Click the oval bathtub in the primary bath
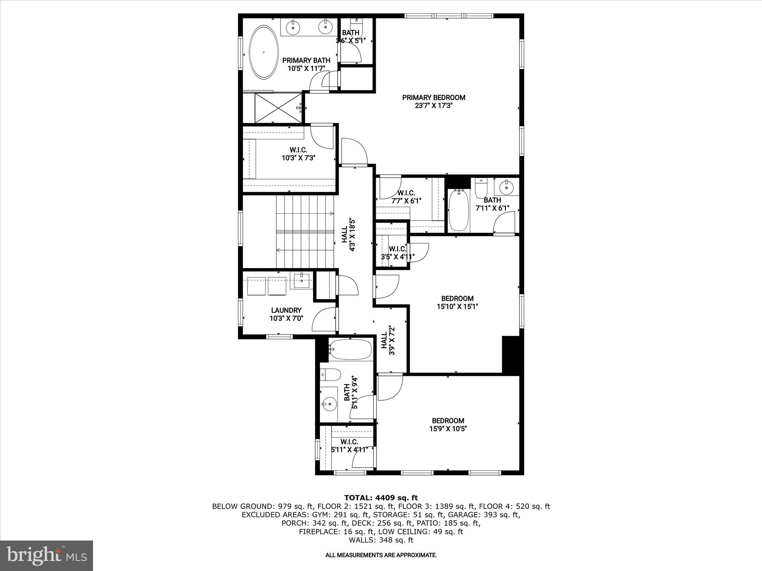click(x=263, y=52)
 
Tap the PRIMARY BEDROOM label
click(x=433, y=98)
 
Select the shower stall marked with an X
click(x=278, y=108)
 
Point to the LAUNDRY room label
click(x=286, y=310)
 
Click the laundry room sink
click(x=301, y=281)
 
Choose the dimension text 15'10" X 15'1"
click(x=457, y=307)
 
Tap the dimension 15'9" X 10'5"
click(x=448, y=429)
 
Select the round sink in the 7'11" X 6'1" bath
click(x=506, y=187)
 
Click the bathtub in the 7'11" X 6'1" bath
click(x=459, y=210)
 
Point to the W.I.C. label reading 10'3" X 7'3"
click(x=298, y=154)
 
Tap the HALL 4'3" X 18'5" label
click(x=348, y=235)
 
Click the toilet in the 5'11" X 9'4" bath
click(x=330, y=374)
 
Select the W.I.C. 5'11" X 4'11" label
click(x=349, y=446)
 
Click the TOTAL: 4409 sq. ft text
click(x=381, y=498)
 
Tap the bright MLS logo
click(x=47, y=555)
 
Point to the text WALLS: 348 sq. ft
click(x=381, y=540)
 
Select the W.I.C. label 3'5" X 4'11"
click(x=397, y=252)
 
